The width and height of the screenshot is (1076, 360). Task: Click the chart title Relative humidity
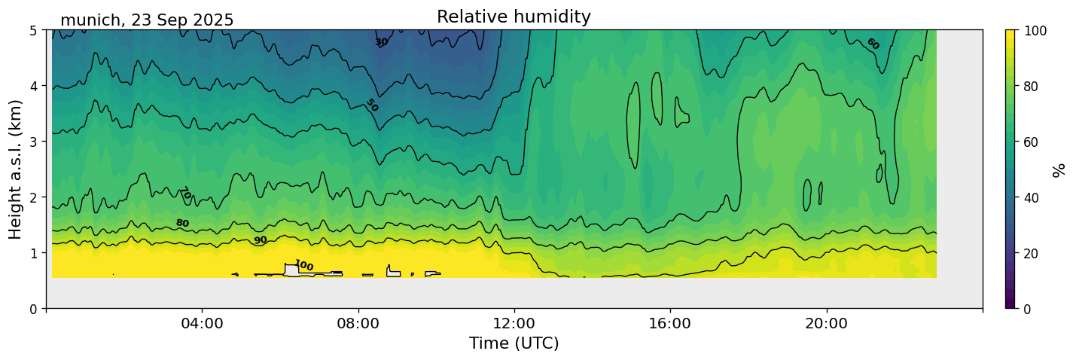coord(514,17)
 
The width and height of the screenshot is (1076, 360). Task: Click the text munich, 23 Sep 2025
coord(147,20)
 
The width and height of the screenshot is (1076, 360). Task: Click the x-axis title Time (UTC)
coord(514,343)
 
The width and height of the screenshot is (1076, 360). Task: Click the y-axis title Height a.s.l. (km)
coord(16,169)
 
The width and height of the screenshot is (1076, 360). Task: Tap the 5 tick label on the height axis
coord(34,30)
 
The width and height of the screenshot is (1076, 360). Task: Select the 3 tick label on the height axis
coord(34,142)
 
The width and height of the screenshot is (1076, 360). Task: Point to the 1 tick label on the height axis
coord(34,253)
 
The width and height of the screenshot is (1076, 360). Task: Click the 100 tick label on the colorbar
coord(1034,30)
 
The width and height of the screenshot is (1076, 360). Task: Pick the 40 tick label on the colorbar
coord(1031,197)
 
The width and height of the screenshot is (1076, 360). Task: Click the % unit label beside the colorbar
coord(1059,169)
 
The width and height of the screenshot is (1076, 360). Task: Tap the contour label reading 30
coord(381,42)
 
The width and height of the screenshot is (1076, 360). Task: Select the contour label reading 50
coord(371,105)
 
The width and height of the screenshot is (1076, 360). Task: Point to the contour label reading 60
coord(872,44)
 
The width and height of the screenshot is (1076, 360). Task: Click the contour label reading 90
coord(260,240)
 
